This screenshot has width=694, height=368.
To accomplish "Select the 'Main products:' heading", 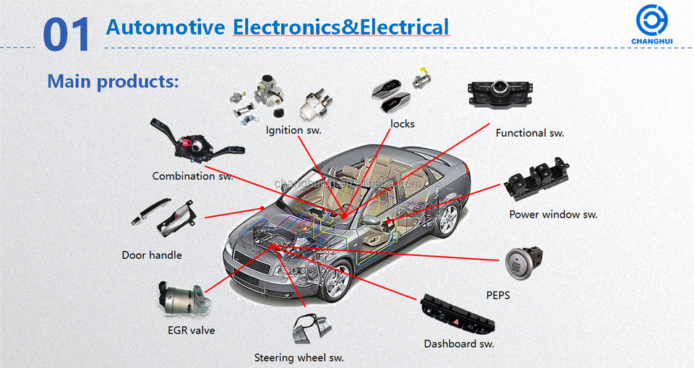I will click(113, 80).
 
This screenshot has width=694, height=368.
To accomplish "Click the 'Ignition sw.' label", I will click(293, 130).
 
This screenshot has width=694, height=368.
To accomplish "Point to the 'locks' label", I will click(403, 124).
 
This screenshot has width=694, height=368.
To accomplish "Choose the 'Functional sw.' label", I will click(530, 133).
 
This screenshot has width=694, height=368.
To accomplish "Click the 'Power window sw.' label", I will click(553, 214).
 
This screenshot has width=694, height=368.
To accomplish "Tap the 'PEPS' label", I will click(498, 295).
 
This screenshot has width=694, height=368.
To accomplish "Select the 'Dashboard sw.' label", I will click(459, 343).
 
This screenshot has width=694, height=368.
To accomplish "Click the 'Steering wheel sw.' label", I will click(299, 357).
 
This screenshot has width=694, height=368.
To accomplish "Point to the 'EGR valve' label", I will click(191, 330).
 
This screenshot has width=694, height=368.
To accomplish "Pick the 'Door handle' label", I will click(152, 254).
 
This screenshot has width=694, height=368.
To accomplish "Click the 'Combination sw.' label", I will click(192, 176).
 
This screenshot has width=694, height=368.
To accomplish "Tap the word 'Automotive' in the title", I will click(166, 28).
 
